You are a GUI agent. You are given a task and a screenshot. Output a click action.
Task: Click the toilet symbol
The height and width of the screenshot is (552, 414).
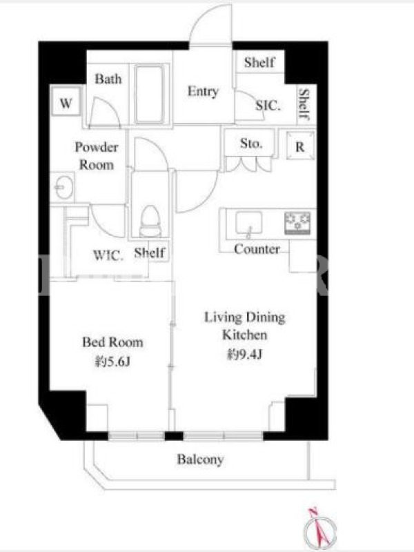click(x=150, y=220)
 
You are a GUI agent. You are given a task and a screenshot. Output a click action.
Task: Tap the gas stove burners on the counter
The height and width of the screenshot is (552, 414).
click(x=297, y=223)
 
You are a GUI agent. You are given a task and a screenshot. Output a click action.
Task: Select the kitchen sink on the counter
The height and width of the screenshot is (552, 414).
click(x=248, y=222)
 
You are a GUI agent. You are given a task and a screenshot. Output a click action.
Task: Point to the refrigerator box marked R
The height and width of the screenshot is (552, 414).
click(x=300, y=146)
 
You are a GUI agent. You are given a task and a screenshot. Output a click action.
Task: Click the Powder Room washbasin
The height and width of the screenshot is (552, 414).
click(x=64, y=187)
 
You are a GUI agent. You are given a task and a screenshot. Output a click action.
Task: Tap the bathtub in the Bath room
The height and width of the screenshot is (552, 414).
click(x=149, y=95)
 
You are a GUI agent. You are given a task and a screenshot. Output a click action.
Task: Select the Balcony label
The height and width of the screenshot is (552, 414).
click(x=200, y=460)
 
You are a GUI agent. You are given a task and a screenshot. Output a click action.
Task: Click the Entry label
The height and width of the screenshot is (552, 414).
click(x=203, y=91)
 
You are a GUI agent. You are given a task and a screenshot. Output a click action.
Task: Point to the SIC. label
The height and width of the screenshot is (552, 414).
click(x=268, y=105)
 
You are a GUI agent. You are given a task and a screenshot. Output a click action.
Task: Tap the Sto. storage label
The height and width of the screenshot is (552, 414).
click(x=251, y=144)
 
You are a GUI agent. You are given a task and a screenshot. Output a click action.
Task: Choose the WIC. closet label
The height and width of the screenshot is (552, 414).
click(x=108, y=255)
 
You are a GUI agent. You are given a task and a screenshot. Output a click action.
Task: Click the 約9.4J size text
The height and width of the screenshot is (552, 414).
click(x=245, y=355)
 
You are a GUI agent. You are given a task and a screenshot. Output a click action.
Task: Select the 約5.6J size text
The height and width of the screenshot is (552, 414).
click(x=112, y=361)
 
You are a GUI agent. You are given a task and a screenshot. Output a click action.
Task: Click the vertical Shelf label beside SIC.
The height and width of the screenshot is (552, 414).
click(x=304, y=103)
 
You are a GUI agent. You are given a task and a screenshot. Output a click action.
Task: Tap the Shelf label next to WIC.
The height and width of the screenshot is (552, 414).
click(x=150, y=252)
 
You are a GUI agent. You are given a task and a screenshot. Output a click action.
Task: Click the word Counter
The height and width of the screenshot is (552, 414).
click(x=257, y=249)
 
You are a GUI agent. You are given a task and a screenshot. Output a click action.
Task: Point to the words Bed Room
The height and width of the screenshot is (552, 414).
click(x=112, y=342)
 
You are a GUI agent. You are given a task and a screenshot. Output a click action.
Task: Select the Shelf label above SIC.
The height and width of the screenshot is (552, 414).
click(x=259, y=62)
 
